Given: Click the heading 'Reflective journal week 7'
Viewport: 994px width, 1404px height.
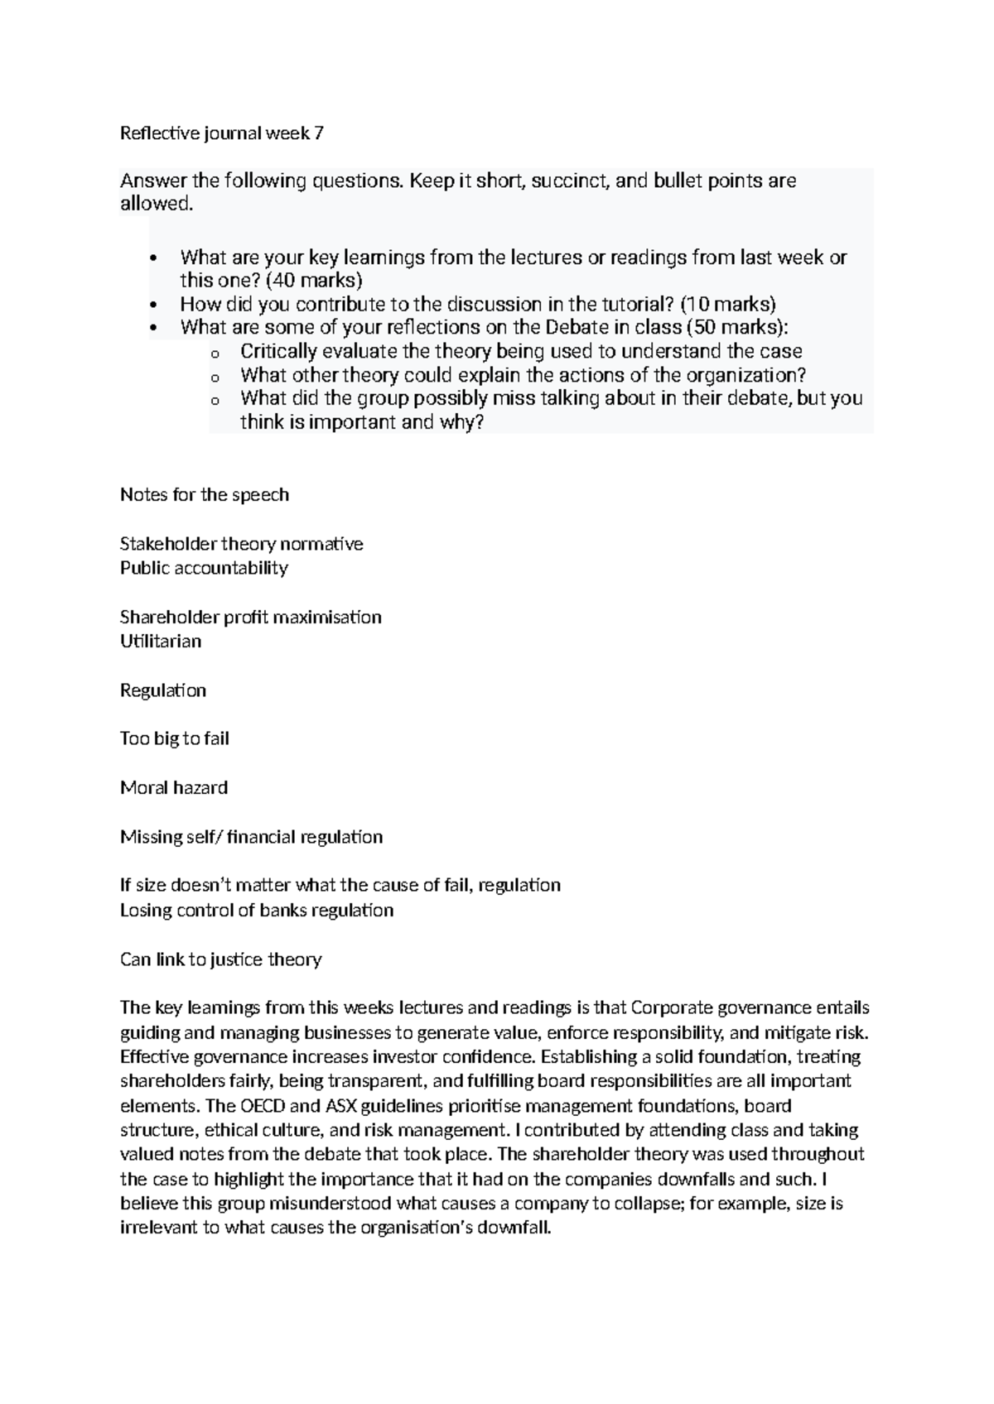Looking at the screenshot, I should point(221,133).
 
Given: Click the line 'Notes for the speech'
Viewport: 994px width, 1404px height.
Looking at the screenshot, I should point(205,495).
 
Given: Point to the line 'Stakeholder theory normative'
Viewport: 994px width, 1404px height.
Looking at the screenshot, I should point(241,544).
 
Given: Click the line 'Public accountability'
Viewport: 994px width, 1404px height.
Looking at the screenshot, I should point(204,568).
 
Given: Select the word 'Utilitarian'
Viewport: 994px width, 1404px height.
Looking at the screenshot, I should point(161,642).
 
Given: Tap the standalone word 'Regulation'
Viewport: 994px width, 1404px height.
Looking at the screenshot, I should point(163,690).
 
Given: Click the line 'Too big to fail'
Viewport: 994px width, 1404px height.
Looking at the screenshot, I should point(174,738).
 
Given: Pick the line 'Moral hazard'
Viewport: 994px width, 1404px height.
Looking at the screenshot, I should point(174,788).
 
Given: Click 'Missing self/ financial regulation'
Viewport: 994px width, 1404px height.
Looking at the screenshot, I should point(251,837).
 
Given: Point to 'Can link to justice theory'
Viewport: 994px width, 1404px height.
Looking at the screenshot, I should point(220,959).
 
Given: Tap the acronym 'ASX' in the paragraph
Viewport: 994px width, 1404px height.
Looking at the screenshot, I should point(343,1106).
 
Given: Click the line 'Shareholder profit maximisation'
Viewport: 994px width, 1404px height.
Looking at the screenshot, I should point(250,618).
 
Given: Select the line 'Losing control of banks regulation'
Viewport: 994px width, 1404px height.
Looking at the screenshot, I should point(257,911).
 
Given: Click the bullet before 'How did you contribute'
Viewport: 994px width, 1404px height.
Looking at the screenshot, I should point(152,305).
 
